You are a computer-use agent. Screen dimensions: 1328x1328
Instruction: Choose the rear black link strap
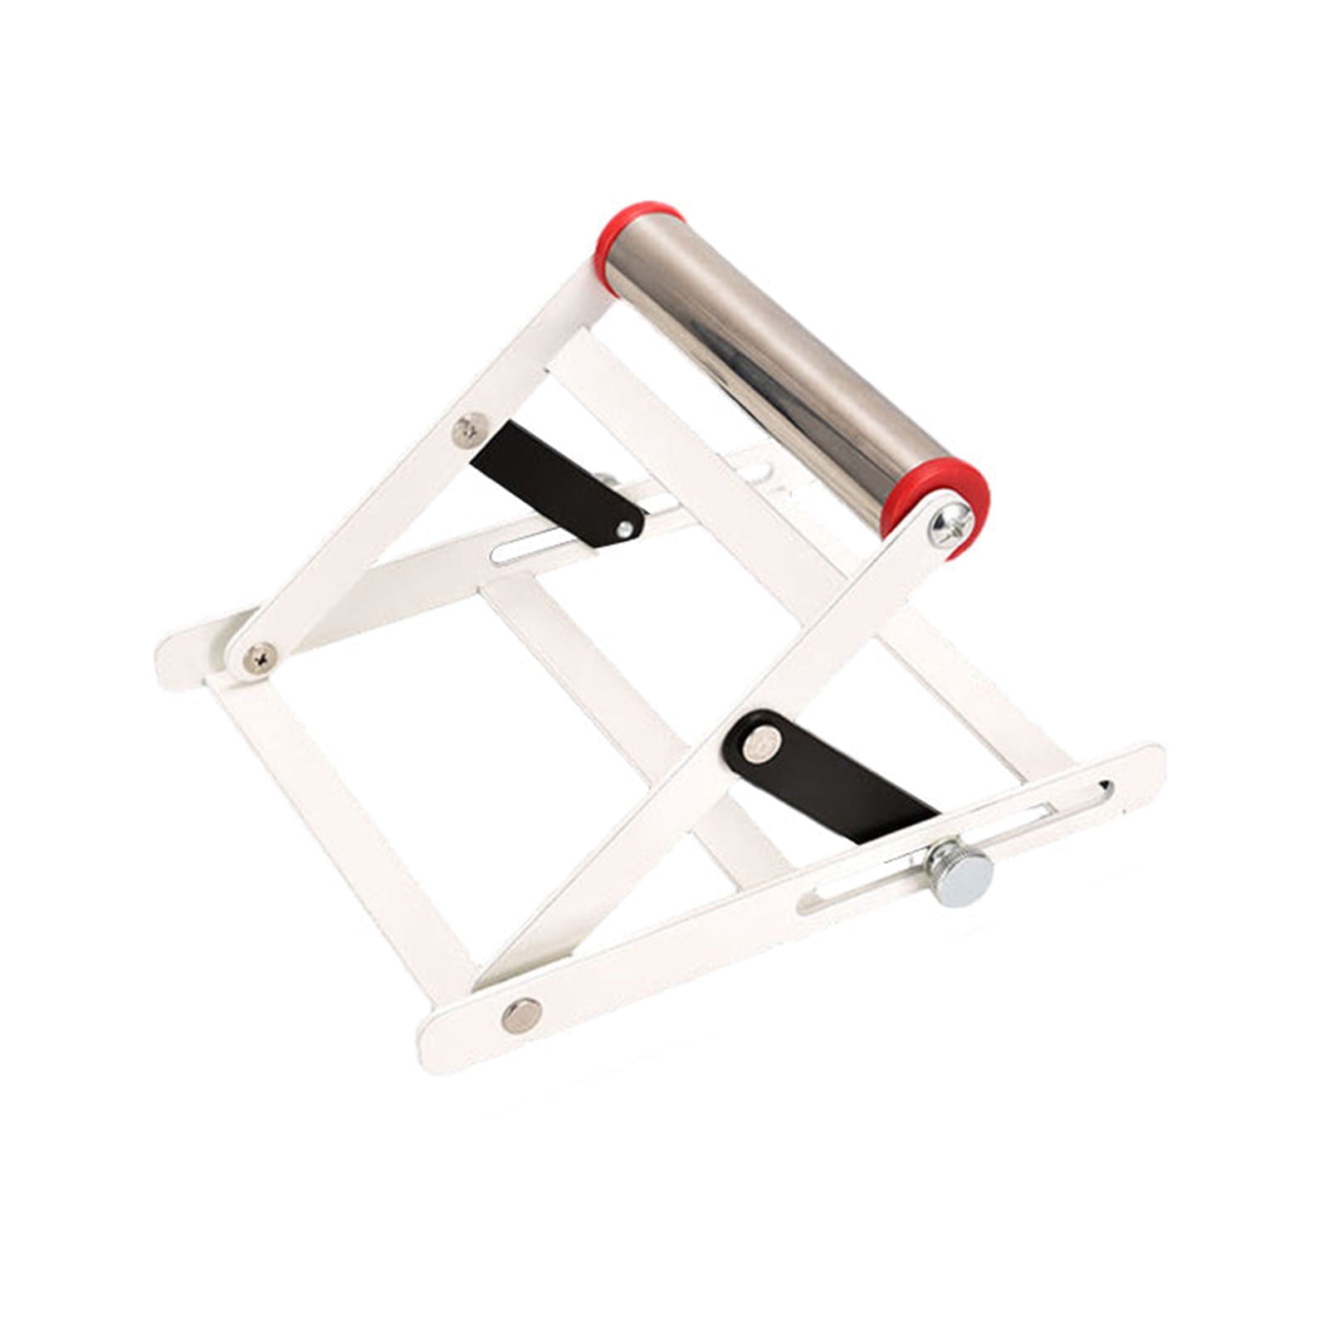552,481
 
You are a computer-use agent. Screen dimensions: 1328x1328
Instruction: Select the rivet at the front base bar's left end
521,1014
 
